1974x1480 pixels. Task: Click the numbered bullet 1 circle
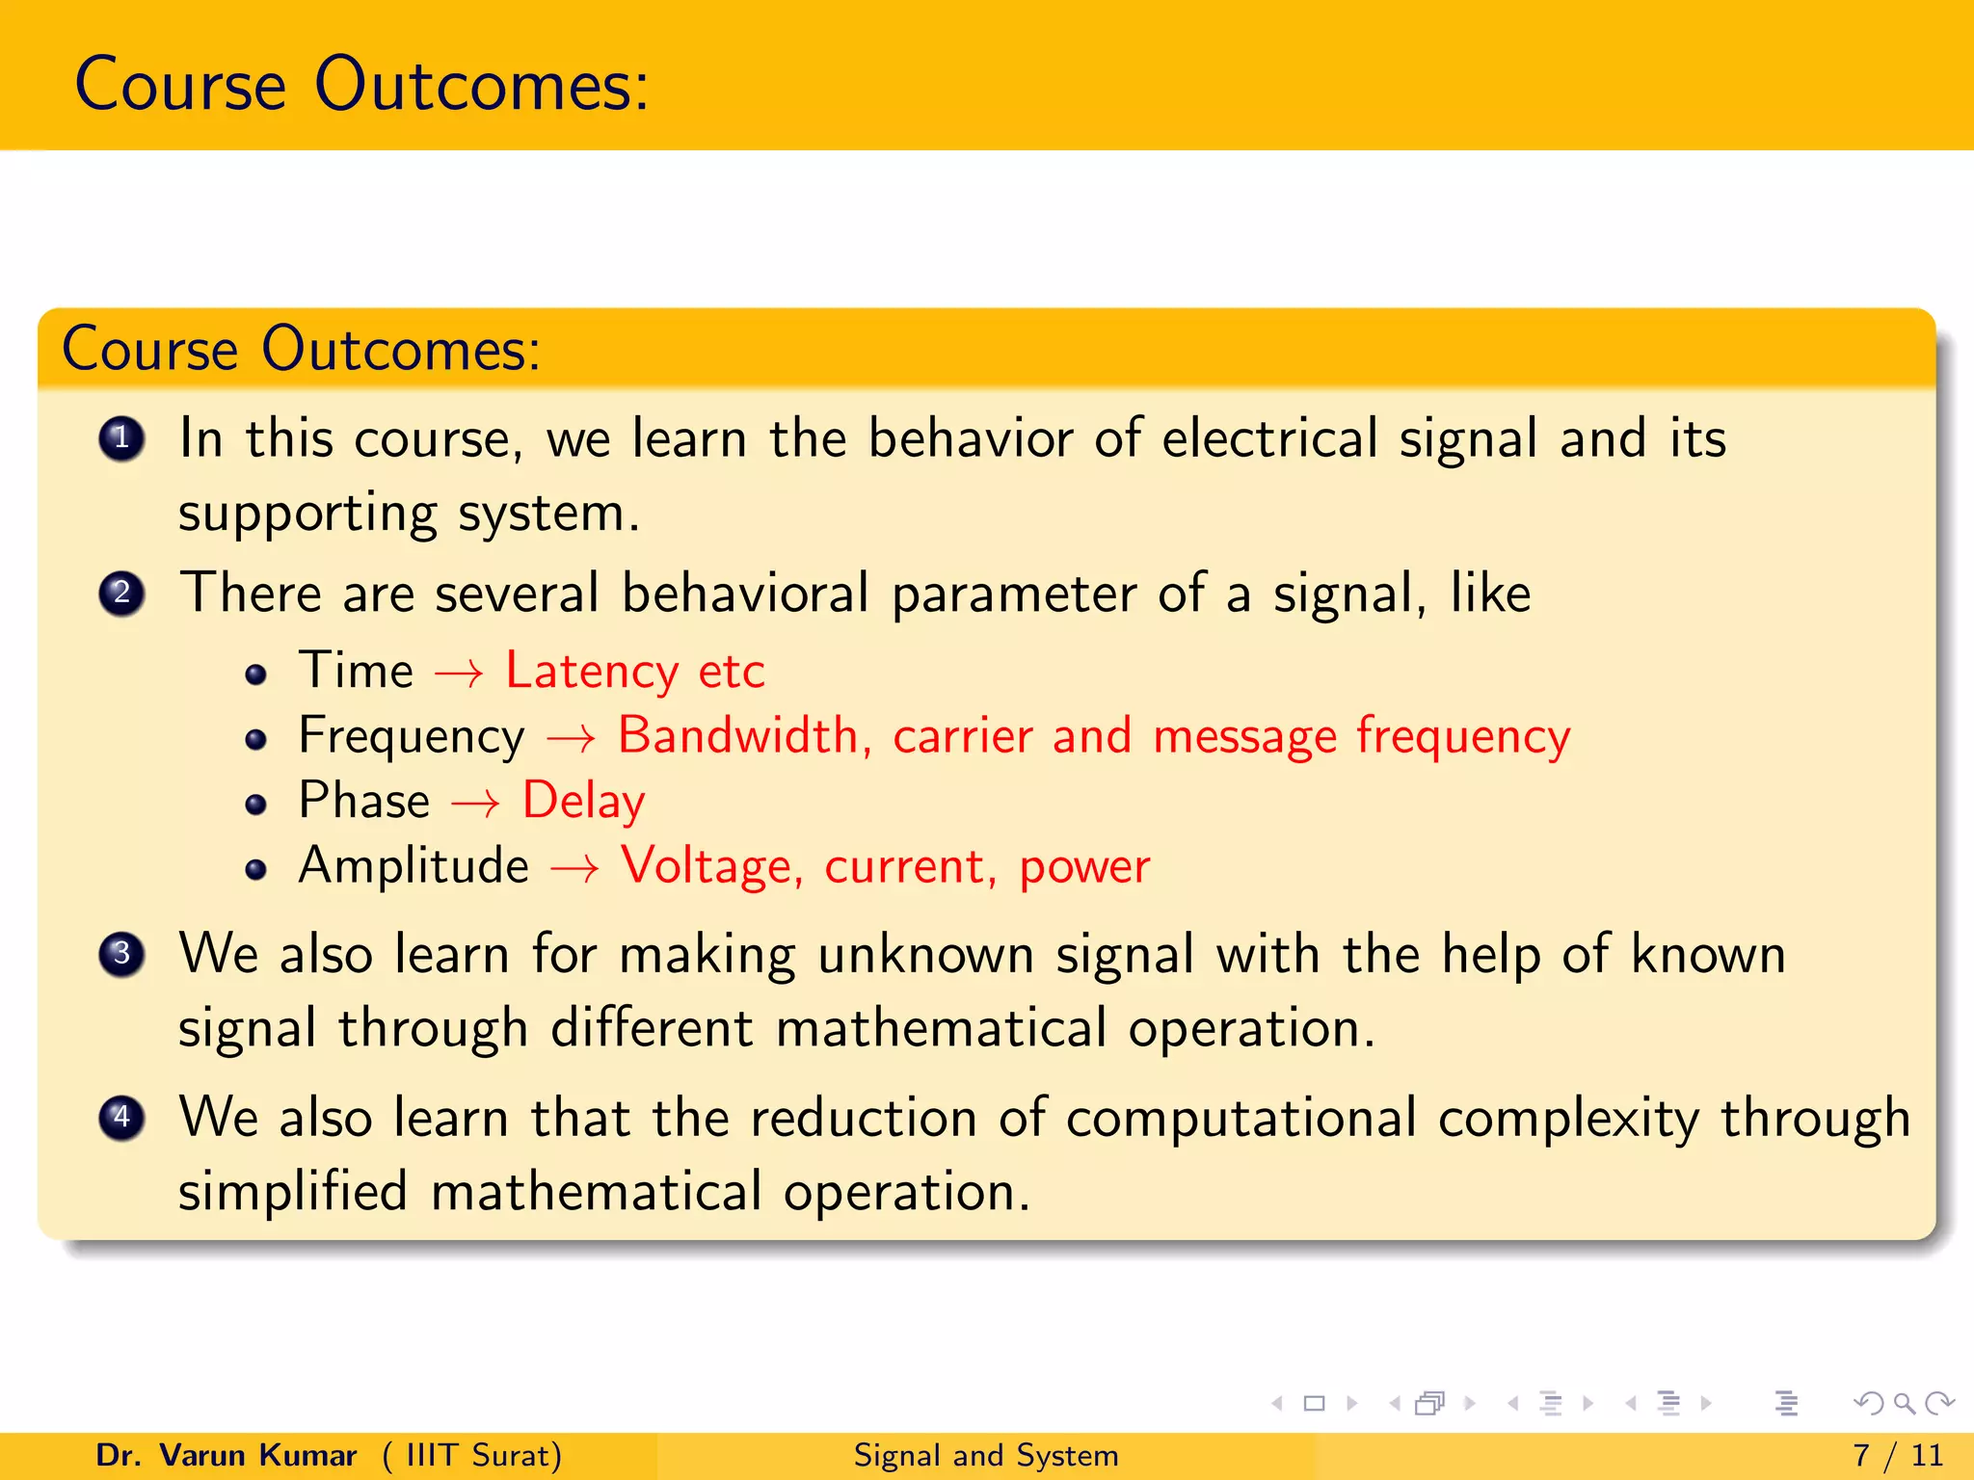click(x=121, y=439)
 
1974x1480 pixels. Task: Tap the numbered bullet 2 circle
click(x=121, y=593)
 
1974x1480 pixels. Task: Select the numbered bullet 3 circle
click(x=121, y=954)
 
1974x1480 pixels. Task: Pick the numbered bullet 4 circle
click(x=121, y=1118)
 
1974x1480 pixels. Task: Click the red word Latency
click(x=592, y=671)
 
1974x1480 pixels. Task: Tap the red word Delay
click(x=583, y=801)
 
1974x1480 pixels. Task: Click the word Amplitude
click(x=413, y=865)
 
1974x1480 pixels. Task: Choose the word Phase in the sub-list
click(x=364, y=801)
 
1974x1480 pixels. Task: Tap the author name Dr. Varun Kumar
click(x=227, y=1455)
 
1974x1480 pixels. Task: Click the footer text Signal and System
click(x=986, y=1455)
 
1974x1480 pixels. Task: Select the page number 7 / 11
click(x=1897, y=1455)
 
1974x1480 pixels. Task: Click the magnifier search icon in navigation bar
click(x=1904, y=1403)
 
